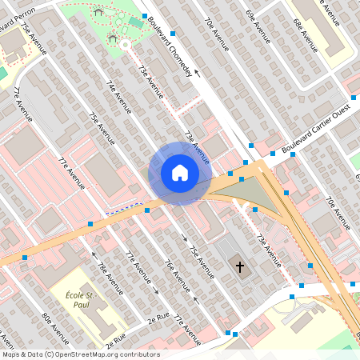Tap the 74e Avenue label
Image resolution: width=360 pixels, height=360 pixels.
pyautogui.click(x=119, y=102)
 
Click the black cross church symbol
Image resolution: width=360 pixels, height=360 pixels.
pyautogui.click(x=239, y=266)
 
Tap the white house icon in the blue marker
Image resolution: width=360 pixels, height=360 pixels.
pyautogui.click(x=179, y=172)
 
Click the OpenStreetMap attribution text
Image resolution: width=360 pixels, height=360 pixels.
pyautogui.click(x=80, y=354)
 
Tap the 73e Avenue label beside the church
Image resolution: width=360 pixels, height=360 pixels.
pyautogui.click(x=269, y=250)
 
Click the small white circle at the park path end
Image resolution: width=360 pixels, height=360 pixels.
pyautogui.click(x=126, y=46)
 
